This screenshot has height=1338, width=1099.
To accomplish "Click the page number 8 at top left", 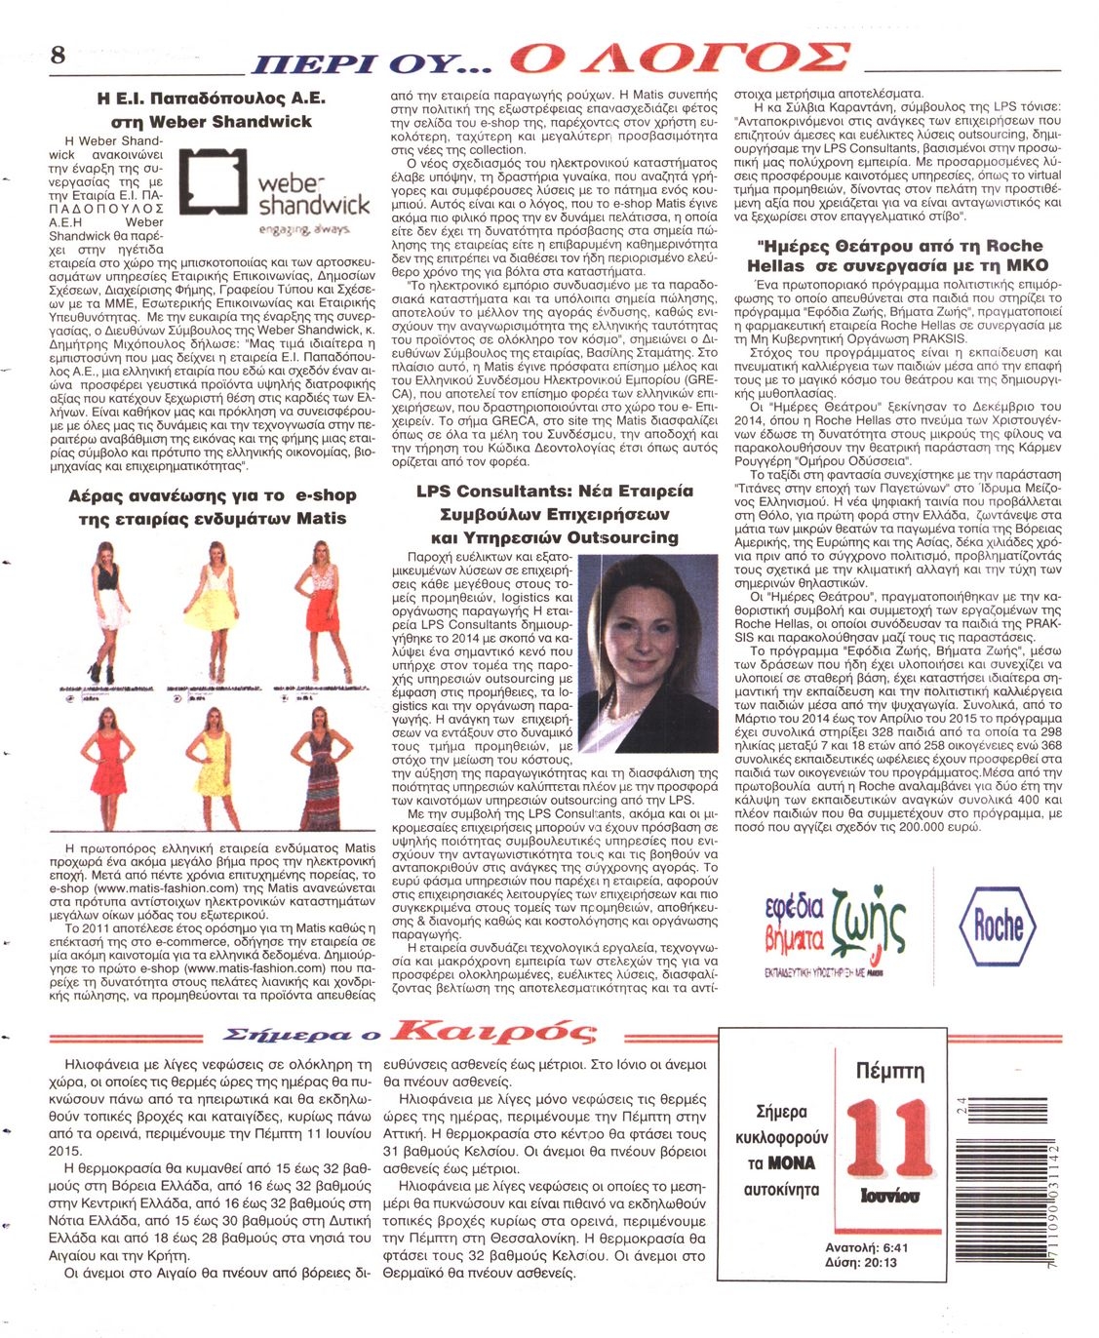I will coord(58,55).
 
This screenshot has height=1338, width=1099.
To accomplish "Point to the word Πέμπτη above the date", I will coord(888,1071).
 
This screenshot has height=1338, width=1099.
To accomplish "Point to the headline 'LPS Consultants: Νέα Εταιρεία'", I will coord(554,491).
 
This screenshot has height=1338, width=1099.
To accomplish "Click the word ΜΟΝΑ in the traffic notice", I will coord(791,1163).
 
